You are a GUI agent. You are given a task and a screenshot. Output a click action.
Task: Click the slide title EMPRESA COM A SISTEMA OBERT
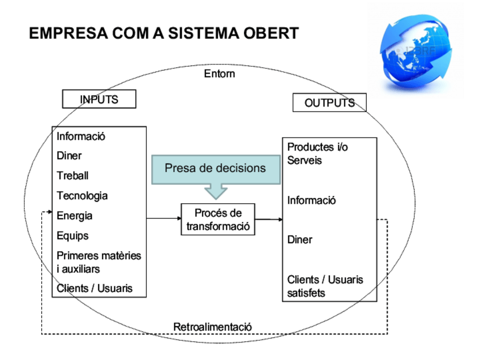(x=164, y=33)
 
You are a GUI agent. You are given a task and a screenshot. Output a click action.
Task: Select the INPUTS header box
(x=99, y=99)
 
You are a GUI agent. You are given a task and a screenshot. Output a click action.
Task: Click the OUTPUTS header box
(x=329, y=103)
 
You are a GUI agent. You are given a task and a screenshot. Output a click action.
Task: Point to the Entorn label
(x=219, y=74)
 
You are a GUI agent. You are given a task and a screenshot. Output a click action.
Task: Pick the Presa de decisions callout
(x=215, y=168)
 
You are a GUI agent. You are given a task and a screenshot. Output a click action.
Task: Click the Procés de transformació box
(x=218, y=219)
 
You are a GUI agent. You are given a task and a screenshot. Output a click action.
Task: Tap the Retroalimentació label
(x=213, y=327)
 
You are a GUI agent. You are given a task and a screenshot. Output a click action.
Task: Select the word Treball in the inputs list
(x=72, y=175)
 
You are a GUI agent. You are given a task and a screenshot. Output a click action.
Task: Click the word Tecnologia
(x=82, y=196)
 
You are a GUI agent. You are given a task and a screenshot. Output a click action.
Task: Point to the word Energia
(x=74, y=216)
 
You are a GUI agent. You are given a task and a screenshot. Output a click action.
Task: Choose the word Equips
(x=72, y=235)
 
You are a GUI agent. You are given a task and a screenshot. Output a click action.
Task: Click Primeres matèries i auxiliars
(x=98, y=262)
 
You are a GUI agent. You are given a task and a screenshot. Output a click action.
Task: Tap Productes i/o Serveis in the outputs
(x=318, y=153)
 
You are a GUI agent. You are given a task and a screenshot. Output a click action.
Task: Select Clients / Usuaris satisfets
(x=325, y=286)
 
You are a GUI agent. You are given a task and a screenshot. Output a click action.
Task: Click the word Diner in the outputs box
(x=299, y=239)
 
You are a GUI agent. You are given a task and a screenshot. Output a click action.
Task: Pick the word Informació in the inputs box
(x=81, y=136)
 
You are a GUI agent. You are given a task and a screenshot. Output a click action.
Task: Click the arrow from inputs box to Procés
(x=164, y=218)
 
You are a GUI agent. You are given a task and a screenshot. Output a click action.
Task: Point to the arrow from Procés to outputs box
(x=269, y=219)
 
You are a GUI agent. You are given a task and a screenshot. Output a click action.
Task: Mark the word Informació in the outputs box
(x=312, y=200)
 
